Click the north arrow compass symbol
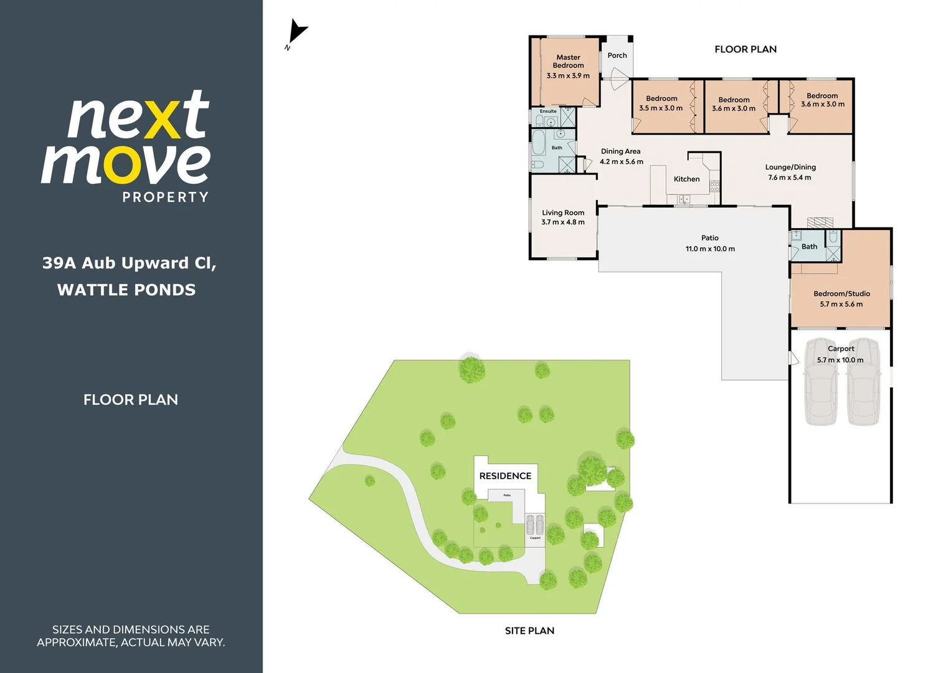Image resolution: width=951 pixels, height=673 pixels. pyautogui.click(x=297, y=33)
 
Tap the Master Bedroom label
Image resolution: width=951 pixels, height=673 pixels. pyautogui.click(x=568, y=61)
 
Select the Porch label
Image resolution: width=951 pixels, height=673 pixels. pyautogui.click(x=617, y=55)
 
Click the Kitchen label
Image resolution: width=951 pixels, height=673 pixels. pyautogui.click(x=686, y=179)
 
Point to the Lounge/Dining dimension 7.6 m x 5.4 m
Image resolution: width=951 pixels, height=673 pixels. pyautogui.click(x=790, y=178)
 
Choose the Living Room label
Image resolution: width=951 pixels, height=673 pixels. pyautogui.click(x=563, y=212)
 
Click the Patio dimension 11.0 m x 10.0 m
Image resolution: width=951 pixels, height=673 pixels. pyautogui.click(x=710, y=249)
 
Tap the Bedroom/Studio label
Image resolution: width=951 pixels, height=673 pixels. pyautogui.click(x=841, y=294)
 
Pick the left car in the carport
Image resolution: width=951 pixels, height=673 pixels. pyautogui.click(x=821, y=381)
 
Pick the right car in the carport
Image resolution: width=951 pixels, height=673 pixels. pyautogui.click(x=863, y=381)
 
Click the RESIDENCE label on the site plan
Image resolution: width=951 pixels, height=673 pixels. pyautogui.click(x=505, y=476)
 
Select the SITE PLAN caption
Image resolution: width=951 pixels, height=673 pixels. pyautogui.click(x=529, y=631)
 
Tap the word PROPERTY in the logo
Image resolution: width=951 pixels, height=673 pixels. pyautogui.click(x=165, y=198)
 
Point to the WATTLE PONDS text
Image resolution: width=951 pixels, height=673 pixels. pyautogui.click(x=126, y=290)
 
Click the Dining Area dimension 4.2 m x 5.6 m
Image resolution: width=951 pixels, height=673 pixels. pyautogui.click(x=621, y=162)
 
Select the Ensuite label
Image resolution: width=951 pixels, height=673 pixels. pyautogui.click(x=548, y=111)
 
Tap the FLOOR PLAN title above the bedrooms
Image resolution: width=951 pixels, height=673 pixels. pyautogui.click(x=745, y=49)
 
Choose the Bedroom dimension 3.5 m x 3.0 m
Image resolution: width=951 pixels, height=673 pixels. pyautogui.click(x=661, y=108)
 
